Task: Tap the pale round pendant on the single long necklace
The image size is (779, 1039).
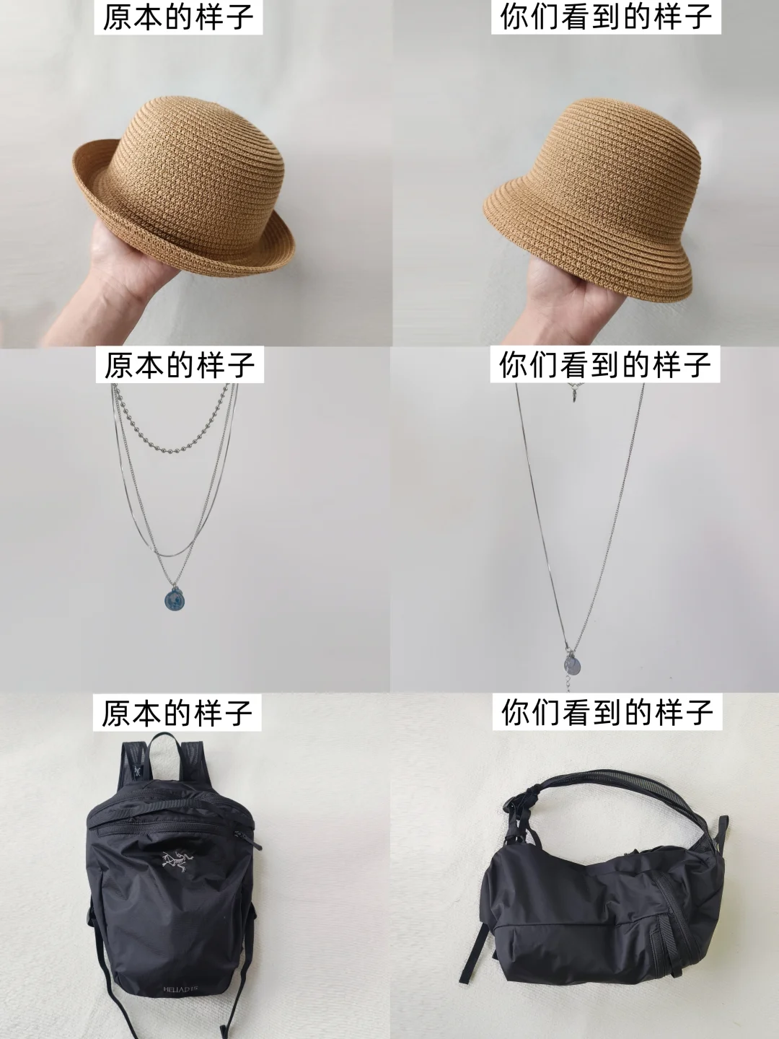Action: tap(571, 664)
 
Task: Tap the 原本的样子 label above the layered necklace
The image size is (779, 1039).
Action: tap(180, 364)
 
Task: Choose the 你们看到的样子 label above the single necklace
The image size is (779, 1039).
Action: tap(606, 364)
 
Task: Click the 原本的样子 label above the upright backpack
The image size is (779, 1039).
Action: tap(177, 713)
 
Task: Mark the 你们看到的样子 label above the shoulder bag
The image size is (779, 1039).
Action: tap(607, 713)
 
